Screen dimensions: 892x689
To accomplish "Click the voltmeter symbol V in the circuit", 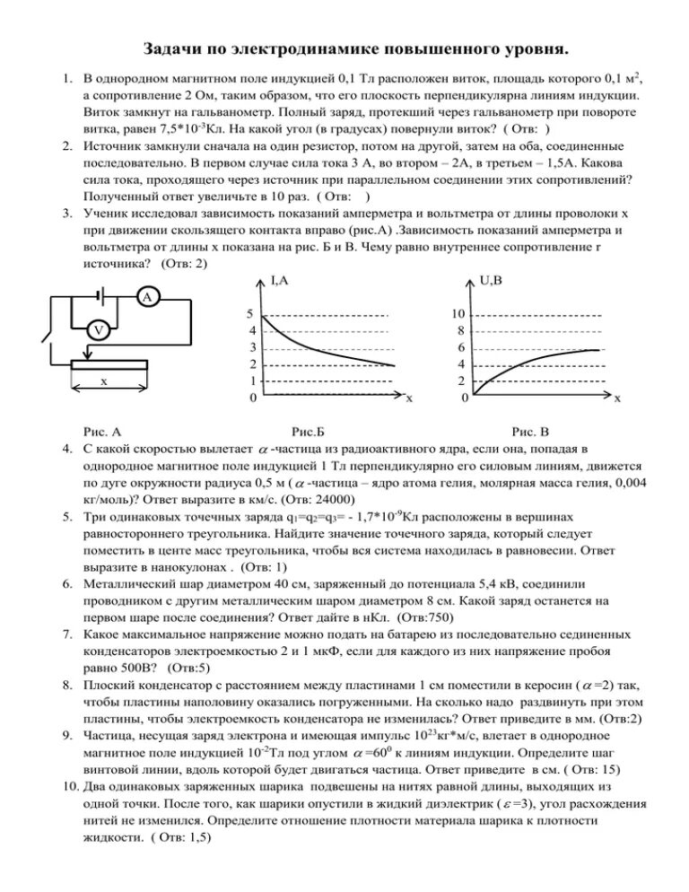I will coord(100,331).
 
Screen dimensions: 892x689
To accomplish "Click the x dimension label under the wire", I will coord(104,381).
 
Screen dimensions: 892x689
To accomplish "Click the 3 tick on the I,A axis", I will coord(254,348).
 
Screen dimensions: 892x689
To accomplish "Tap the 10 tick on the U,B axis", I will coord(458,315).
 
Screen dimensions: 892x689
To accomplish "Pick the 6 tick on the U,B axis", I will coord(460,348).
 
